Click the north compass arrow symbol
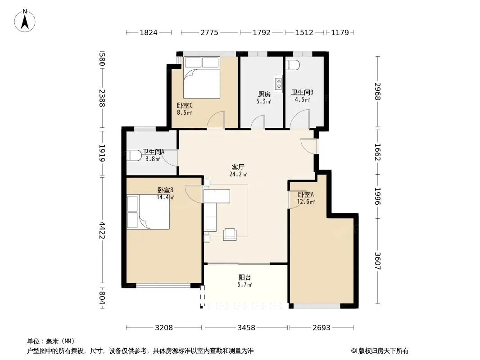click(x=25, y=21)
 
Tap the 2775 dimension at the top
click(x=209, y=32)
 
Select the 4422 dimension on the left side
click(x=102, y=230)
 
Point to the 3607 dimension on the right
click(x=377, y=261)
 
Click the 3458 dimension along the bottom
click(x=246, y=328)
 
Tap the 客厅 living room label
click(x=238, y=167)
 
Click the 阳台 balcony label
click(x=245, y=277)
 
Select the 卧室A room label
click(x=306, y=194)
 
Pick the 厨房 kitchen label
click(x=264, y=94)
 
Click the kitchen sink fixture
click(x=279, y=84)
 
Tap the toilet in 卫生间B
click(x=292, y=65)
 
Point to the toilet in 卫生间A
click(x=134, y=155)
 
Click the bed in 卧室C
click(x=202, y=78)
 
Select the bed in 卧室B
click(x=148, y=211)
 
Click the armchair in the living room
click(x=230, y=234)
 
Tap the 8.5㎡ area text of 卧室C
click(x=184, y=112)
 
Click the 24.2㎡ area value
click(x=238, y=175)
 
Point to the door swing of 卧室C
click(x=216, y=120)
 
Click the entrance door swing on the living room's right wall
click(x=308, y=147)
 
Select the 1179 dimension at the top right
click(x=340, y=32)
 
